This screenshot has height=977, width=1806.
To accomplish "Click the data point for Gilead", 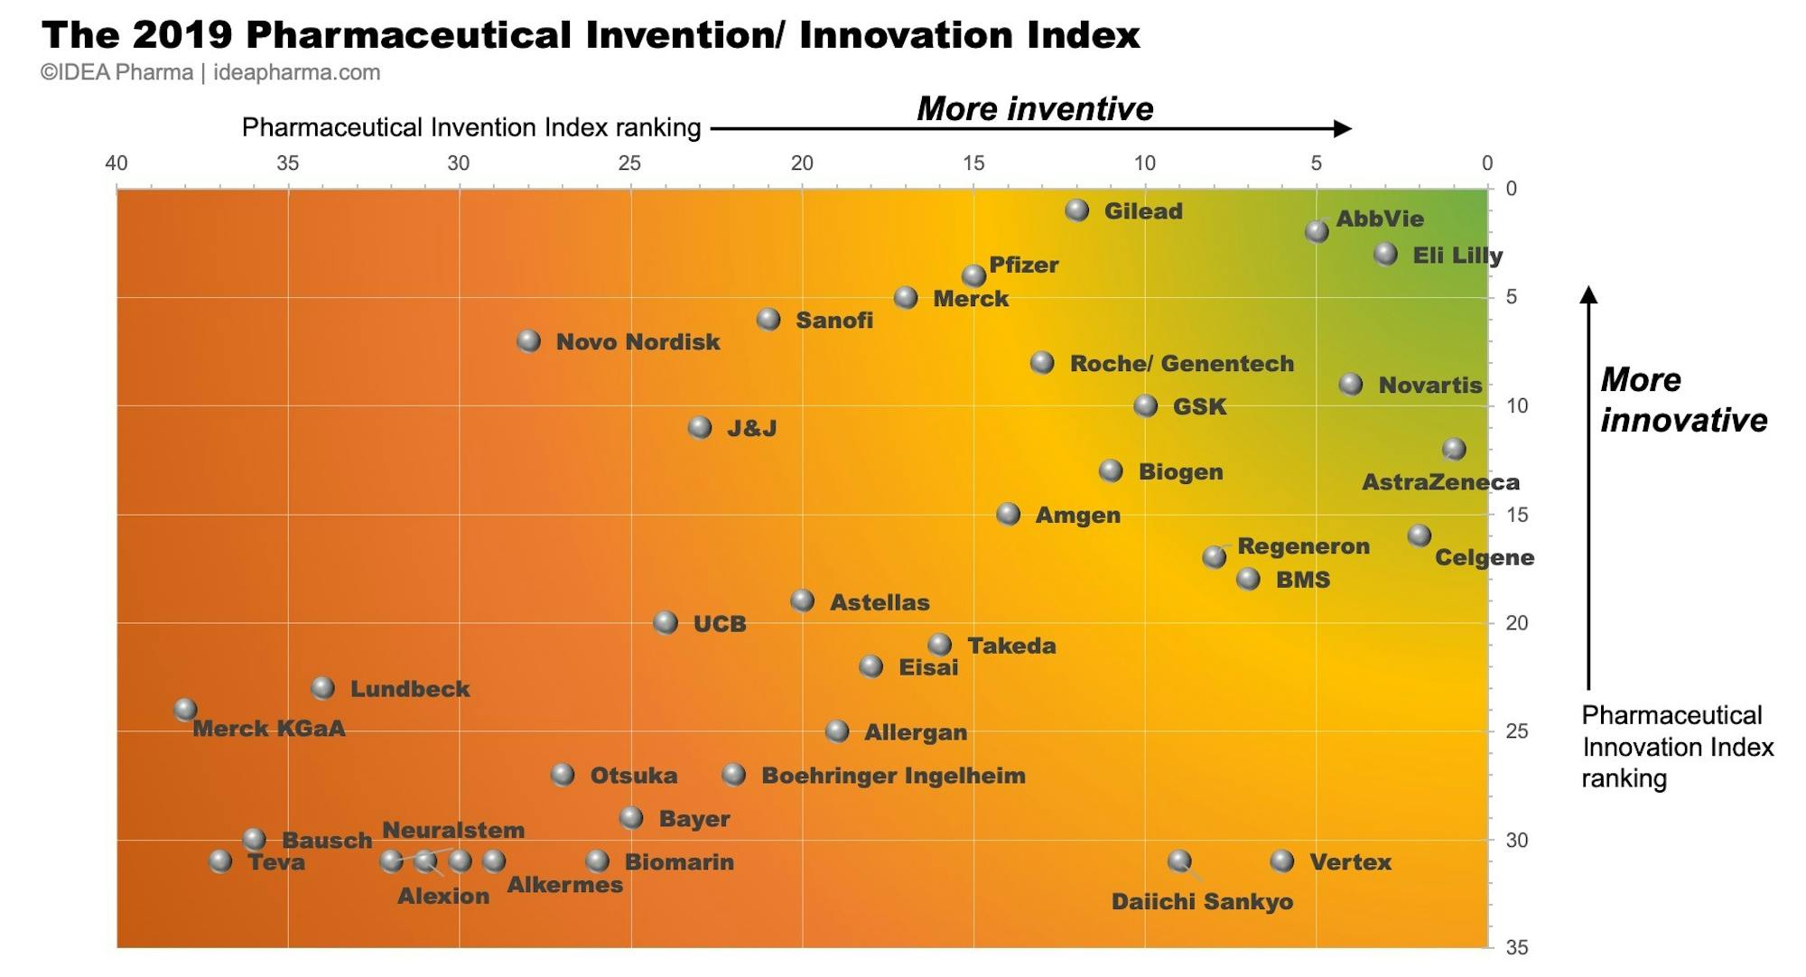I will coord(1076,210).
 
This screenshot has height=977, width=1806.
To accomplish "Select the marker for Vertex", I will coord(1282,861).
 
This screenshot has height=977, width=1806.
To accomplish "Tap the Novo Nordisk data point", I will coord(529,341).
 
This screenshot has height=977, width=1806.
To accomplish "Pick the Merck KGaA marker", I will coord(185,710).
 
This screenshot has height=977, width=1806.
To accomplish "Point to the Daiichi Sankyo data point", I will coord(1179,861).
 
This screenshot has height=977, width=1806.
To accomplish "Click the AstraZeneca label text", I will coord(1439,482).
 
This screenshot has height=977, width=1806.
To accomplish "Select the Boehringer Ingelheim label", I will coord(893,776).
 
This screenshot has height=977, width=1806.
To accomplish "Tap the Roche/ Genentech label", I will coord(1181,364).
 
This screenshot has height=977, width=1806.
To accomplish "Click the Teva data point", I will coord(220,861).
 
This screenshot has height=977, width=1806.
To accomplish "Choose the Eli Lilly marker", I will coord(1385,255).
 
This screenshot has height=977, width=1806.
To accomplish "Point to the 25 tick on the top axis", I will coord(629,163).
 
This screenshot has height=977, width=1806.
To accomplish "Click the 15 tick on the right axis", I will coord(1517,515).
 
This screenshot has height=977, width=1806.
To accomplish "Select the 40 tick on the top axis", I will coord(116,163).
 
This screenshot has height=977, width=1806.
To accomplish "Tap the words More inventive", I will coord(1035,109).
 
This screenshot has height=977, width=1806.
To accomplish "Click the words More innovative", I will coord(1683,400).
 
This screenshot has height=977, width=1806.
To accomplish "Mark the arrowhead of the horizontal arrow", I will coord(1344,129).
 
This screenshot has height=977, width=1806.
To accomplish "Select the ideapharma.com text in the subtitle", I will coord(296,73).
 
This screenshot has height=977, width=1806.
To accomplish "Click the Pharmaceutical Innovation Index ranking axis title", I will coord(1677,747).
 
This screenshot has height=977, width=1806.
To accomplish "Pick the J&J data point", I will coord(700,428).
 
